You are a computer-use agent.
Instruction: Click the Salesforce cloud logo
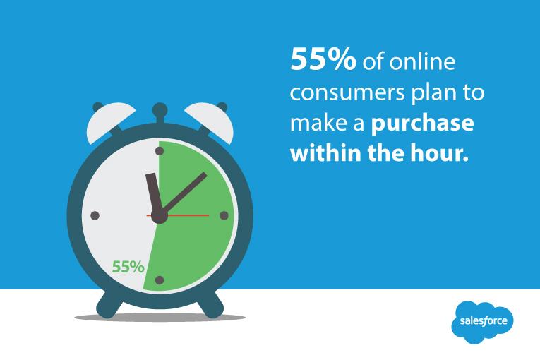(483, 322)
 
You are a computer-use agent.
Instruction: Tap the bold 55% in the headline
(323, 61)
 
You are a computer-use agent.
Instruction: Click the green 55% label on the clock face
(128, 268)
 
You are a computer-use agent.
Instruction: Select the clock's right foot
(210, 305)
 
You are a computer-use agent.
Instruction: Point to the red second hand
(191, 215)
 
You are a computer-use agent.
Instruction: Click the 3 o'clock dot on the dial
(224, 215)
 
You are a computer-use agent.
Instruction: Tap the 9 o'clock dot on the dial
(95, 215)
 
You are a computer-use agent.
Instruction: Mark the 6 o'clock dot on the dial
(160, 280)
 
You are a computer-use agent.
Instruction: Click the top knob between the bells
(160, 110)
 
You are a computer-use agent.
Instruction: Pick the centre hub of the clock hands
(160, 215)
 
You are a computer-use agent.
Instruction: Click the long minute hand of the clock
(185, 191)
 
